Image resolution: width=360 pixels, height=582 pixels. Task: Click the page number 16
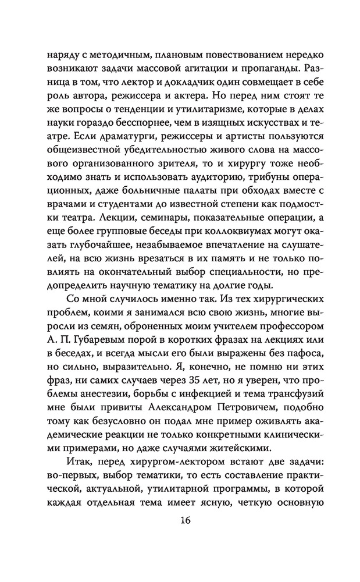(x=180, y=519)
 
